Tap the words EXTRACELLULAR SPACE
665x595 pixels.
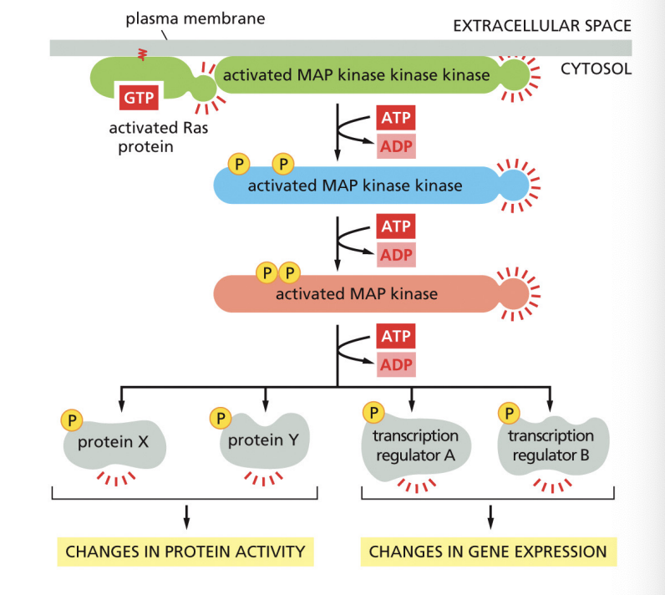pyautogui.click(x=541, y=26)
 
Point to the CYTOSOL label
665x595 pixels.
pyautogui.click(x=596, y=69)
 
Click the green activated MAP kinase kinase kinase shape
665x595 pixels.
pyautogui.click(x=352, y=75)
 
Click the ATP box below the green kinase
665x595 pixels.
pyautogui.click(x=395, y=118)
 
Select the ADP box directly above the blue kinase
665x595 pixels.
pyautogui.click(x=395, y=146)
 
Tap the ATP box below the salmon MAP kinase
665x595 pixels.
pyautogui.click(x=395, y=337)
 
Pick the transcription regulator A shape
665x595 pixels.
pyautogui.click(x=415, y=446)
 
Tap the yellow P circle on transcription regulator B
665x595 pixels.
pyautogui.click(x=508, y=412)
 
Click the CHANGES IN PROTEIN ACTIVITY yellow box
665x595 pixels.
pyautogui.click(x=185, y=552)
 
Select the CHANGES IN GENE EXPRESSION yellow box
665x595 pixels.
pyautogui.click(x=488, y=552)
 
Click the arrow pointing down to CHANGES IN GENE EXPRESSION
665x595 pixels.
pyautogui.click(x=490, y=516)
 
